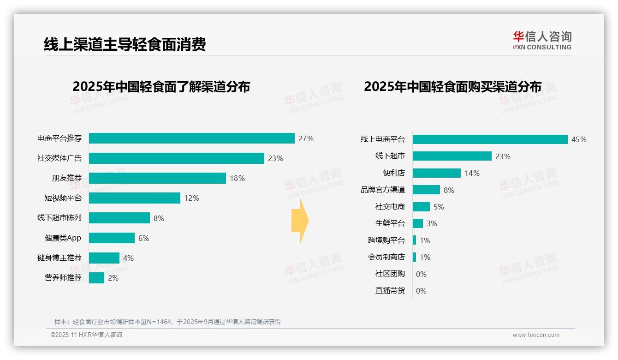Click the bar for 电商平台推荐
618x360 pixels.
pos(191,138)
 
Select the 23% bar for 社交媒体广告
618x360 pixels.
pos(176,158)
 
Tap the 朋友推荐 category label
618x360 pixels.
pos(66,178)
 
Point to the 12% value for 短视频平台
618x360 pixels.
pos(191,198)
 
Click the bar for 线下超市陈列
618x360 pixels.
pos(119,218)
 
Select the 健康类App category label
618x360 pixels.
pos(63,238)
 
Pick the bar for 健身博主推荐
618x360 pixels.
pos(104,258)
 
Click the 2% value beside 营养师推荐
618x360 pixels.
pos(113,278)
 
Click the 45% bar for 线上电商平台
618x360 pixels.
pos(490,139)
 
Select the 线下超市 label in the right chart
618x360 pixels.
pos(390,156)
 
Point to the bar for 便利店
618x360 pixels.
pos(436,173)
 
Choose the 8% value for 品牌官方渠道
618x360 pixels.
pos(449,190)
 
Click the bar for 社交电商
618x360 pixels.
pos(421,207)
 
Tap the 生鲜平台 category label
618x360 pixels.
pos(390,223)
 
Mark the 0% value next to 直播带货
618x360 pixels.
pos(421,291)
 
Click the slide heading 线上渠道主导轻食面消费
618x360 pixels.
pos(125,44)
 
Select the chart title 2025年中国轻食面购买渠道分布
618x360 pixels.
pos(452,87)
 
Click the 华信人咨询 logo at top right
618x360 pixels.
pos(542,40)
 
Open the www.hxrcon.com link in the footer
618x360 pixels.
pos(535,335)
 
